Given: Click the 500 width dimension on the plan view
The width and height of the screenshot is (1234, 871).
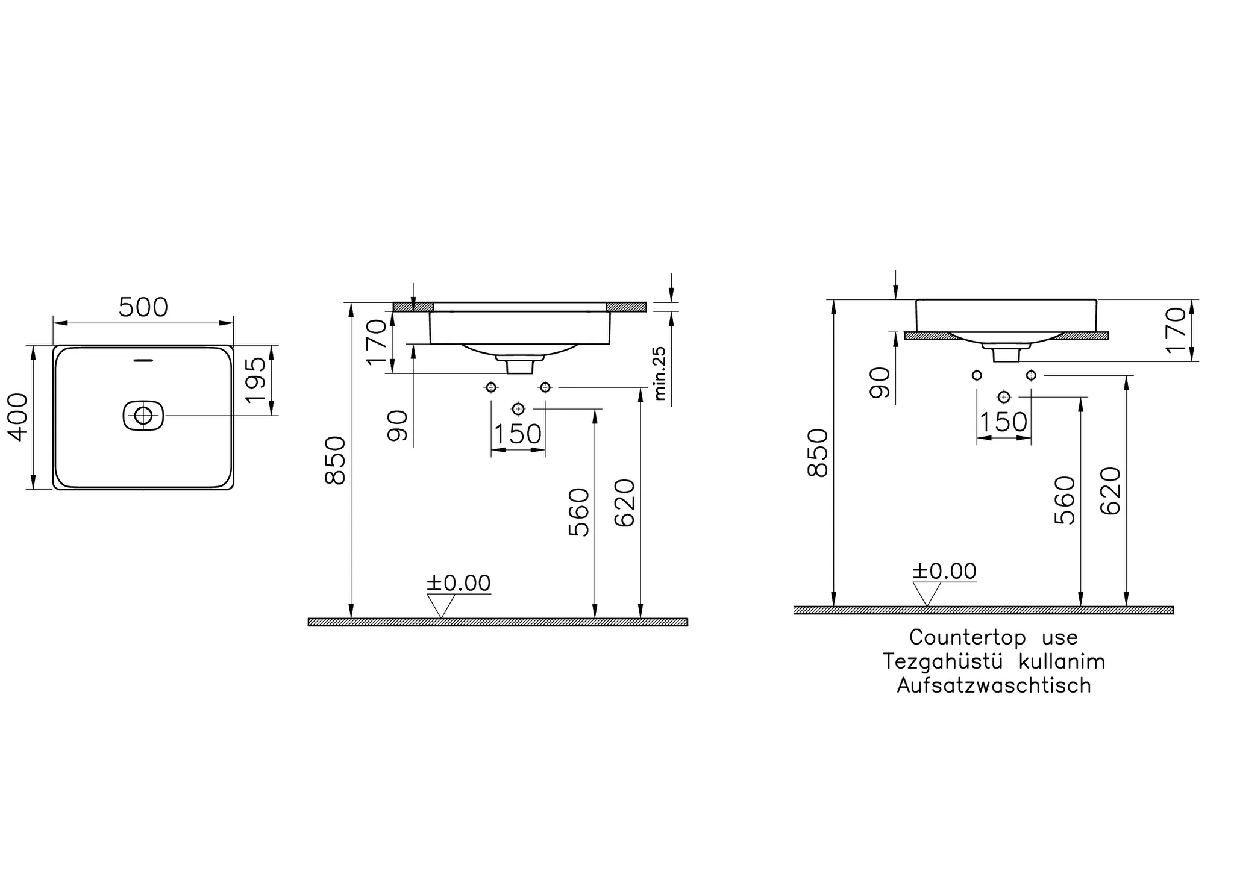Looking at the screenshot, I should (143, 308).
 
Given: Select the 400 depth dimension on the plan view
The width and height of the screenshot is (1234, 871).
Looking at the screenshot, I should (19, 417).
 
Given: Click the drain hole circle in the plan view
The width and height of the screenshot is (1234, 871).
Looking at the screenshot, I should (143, 415).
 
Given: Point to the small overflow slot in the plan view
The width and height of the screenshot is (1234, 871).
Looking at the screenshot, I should (143, 361).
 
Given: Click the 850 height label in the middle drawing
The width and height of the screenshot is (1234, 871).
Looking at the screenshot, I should (336, 461).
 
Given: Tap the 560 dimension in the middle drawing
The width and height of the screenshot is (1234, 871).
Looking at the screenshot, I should (579, 512).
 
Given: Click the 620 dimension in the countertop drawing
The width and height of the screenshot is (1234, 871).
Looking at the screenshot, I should (1110, 491).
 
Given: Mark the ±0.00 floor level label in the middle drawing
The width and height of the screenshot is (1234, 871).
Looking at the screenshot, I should (459, 583).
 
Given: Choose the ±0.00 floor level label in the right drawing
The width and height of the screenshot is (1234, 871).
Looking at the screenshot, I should (944, 571).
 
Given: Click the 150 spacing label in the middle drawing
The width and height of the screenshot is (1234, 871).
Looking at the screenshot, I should (518, 434).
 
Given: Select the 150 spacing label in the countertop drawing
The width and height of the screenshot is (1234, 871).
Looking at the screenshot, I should (1003, 422).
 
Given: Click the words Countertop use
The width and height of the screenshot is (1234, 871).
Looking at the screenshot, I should (993, 637).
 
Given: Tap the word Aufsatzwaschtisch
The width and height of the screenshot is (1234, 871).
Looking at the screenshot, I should (994, 685).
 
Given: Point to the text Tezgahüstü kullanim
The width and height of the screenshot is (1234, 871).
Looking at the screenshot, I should (994, 661).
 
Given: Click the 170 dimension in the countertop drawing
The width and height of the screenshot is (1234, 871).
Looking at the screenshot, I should (1176, 330).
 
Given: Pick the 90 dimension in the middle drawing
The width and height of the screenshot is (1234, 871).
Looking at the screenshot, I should (398, 425).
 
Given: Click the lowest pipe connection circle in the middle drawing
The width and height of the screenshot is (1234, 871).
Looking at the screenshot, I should (518, 409).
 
